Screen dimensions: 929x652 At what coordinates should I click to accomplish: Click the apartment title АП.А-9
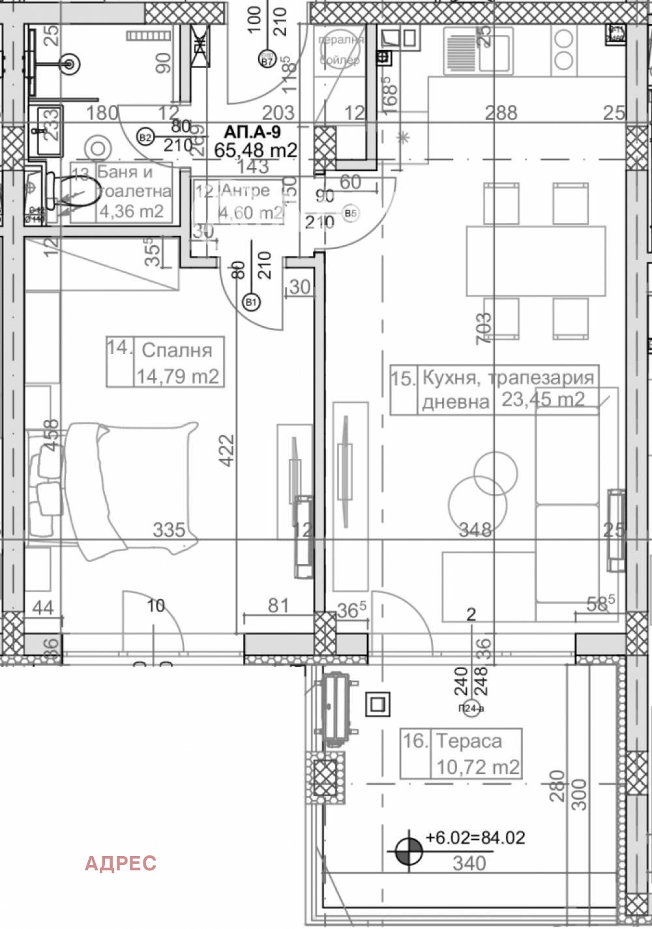click(x=253, y=132)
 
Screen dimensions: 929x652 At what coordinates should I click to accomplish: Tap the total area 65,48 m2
click(x=256, y=151)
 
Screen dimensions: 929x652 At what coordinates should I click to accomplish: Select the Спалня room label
click(x=177, y=350)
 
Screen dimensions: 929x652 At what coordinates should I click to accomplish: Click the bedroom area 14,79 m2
click(x=177, y=376)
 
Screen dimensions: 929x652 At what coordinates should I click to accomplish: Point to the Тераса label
click(x=469, y=741)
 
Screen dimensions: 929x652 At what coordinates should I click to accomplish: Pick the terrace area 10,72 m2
click(x=477, y=767)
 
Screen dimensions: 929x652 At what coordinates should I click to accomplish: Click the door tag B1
click(x=251, y=302)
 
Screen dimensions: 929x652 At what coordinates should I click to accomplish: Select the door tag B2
click(x=145, y=137)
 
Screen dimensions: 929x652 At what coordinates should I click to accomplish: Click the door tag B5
click(x=351, y=213)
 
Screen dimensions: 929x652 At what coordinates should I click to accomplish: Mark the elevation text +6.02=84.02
click(x=475, y=838)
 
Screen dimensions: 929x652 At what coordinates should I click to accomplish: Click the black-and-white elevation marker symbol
click(x=409, y=851)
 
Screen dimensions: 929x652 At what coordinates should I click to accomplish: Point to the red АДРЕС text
click(x=121, y=863)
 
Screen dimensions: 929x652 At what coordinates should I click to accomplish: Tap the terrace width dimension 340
click(x=469, y=864)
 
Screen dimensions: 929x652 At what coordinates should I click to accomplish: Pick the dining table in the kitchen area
click(x=535, y=261)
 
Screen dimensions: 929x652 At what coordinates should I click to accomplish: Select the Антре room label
click(x=245, y=190)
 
